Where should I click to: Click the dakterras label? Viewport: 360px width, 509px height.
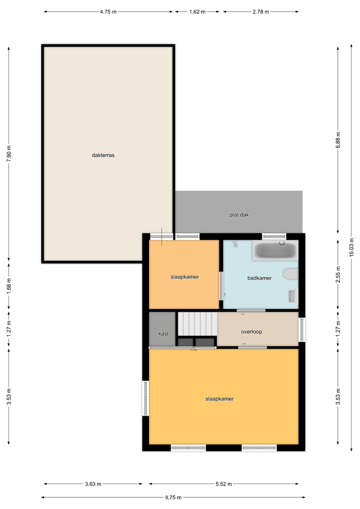[x=103, y=155]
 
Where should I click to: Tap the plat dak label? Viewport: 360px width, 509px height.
[x=239, y=215]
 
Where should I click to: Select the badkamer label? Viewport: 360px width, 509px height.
[x=259, y=278]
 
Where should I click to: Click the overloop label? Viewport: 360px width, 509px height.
[x=251, y=332]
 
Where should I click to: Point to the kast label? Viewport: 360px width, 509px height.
[x=163, y=334]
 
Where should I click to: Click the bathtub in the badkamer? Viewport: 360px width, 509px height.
[x=275, y=250]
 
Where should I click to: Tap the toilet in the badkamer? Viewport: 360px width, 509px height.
[x=291, y=274]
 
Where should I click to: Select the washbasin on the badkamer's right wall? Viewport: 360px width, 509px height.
[x=293, y=296]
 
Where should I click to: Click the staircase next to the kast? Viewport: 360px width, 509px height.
[x=198, y=324]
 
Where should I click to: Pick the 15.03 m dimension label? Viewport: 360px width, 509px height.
[x=352, y=248]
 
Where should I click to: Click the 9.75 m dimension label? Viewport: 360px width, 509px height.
[x=173, y=497]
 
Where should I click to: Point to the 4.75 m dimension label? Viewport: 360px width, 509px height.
[x=108, y=12]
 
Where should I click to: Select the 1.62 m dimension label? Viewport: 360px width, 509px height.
[x=197, y=12]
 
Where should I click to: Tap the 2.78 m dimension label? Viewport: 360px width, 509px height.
[x=261, y=12]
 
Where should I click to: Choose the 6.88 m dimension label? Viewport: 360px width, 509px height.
[x=338, y=140]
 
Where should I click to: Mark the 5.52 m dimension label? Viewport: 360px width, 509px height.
[x=224, y=484]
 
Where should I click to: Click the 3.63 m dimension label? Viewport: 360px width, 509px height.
[x=93, y=484]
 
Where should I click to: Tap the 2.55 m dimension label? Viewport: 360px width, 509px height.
[x=338, y=275]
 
